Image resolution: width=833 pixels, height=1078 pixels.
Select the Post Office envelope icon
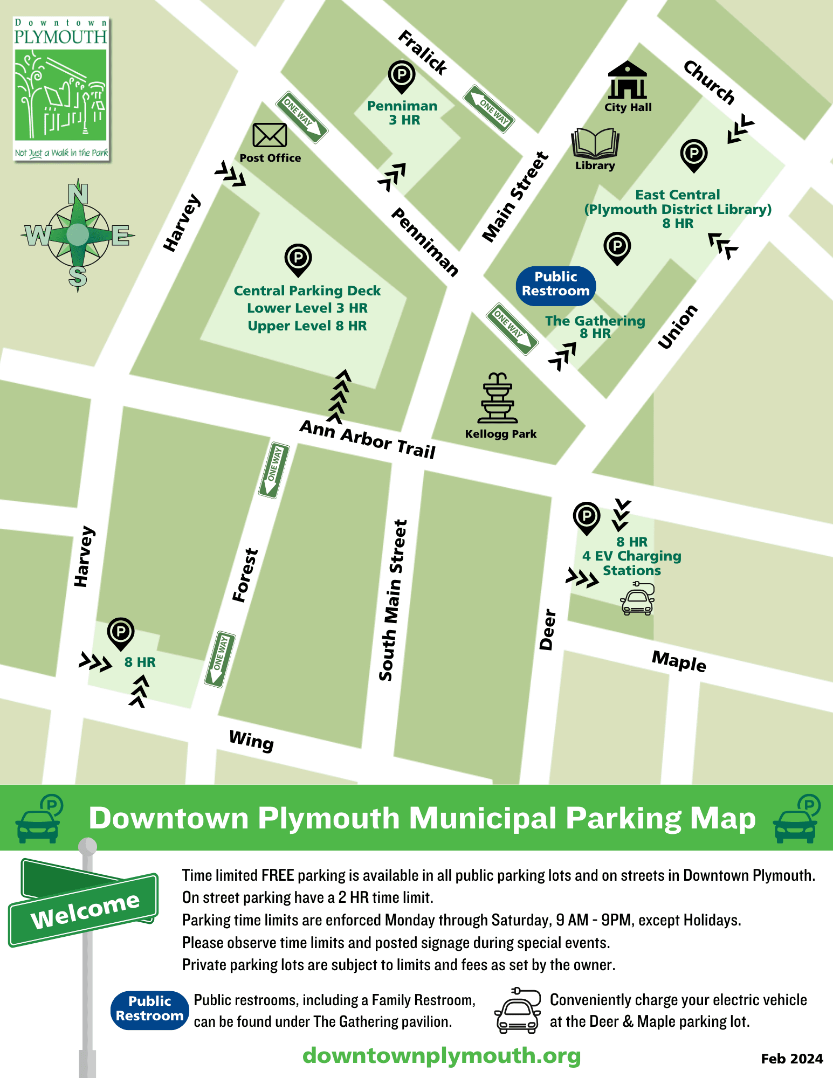pos(270,135)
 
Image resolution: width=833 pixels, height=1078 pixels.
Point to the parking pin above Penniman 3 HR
pos(402,76)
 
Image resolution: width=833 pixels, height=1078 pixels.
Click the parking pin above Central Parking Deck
pos(298,259)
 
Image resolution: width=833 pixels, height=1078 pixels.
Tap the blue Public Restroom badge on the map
pos(556,284)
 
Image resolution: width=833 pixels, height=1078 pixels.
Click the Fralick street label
pos(423,53)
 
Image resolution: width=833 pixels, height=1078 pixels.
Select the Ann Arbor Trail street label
pos(368,439)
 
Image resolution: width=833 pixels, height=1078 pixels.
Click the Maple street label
pos(679,661)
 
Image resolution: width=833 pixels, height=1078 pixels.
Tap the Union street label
pos(678,327)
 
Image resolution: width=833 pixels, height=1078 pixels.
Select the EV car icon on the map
pos(637,600)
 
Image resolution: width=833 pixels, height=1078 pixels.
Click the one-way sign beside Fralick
pos(489,109)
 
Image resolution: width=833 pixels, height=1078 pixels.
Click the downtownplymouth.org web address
pos(442,1055)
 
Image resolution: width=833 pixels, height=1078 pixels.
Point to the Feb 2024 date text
pos(791,1059)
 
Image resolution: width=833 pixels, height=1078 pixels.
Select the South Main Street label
pos(393,600)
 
